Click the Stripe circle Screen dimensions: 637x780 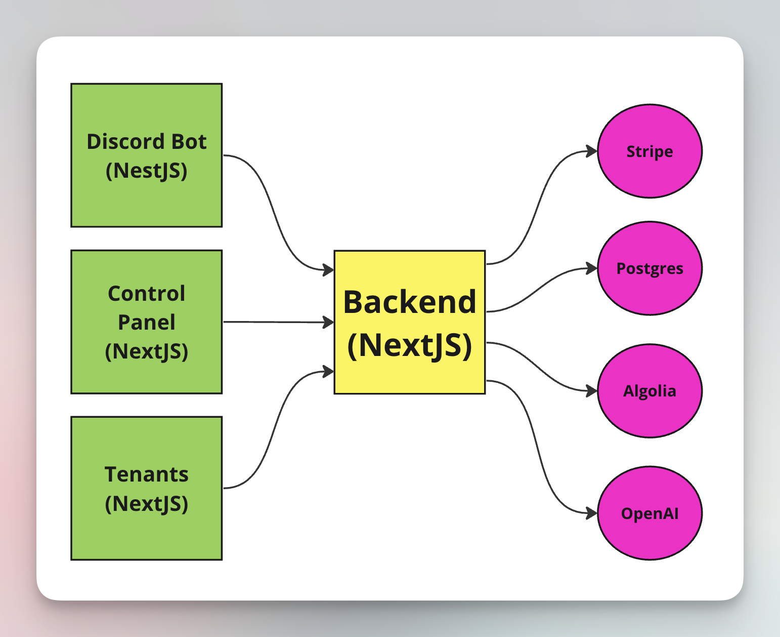[x=649, y=151]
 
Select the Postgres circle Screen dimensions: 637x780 [x=649, y=268]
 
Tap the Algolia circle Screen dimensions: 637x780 [x=649, y=390]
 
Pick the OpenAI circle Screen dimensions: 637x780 [x=649, y=513]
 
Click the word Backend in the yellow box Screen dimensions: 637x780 [x=409, y=302]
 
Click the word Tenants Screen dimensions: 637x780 [x=146, y=474]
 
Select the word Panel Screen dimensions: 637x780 [x=146, y=323]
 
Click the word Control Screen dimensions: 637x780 [x=146, y=294]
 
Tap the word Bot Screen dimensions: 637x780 [x=189, y=142]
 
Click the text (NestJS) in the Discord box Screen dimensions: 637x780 [x=146, y=171]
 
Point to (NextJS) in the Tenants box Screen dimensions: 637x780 [x=146, y=504]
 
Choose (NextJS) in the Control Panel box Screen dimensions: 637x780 [x=146, y=351]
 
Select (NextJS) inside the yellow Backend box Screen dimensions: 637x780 [x=409, y=345]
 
